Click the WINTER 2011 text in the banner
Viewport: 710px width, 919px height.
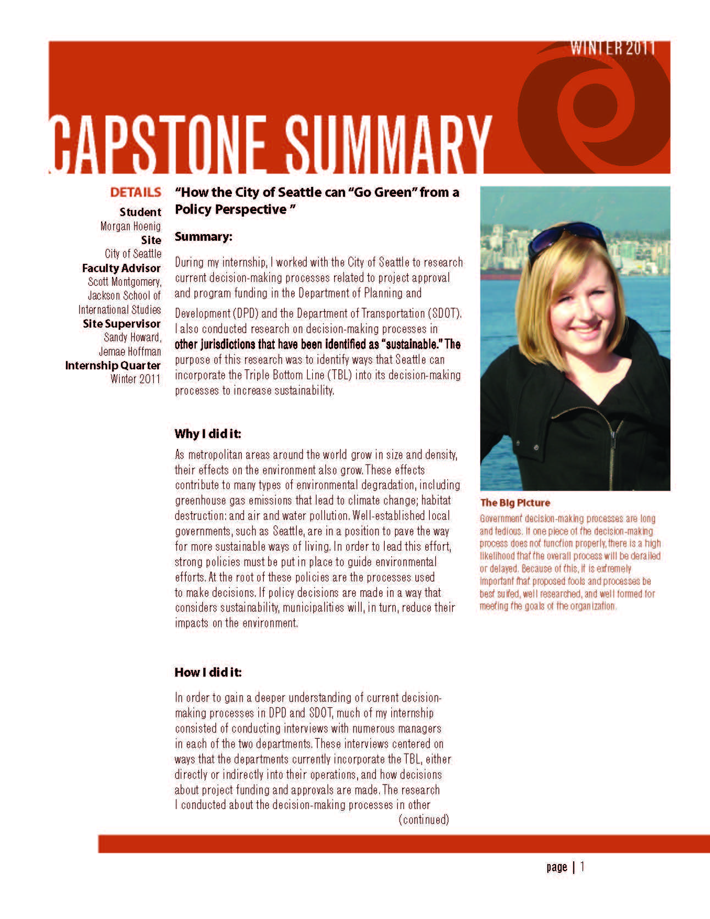(613, 48)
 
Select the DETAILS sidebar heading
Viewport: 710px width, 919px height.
(136, 193)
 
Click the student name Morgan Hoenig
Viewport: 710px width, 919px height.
(131, 226)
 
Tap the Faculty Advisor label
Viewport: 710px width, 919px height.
(121, 268)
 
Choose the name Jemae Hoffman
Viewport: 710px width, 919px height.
(130, 351)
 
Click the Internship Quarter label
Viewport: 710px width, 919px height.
(113, 366)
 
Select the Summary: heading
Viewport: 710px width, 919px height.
(203, 237)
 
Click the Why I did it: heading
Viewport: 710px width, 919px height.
(208, 434)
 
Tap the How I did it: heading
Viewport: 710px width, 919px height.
(208, 672)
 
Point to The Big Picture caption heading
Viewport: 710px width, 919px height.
(514, 502)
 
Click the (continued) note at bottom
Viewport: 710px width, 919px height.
(424, 820)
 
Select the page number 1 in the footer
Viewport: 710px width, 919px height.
(583, 867)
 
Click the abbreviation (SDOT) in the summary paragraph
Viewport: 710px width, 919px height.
(444, 313)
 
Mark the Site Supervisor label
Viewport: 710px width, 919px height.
(121, 324)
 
